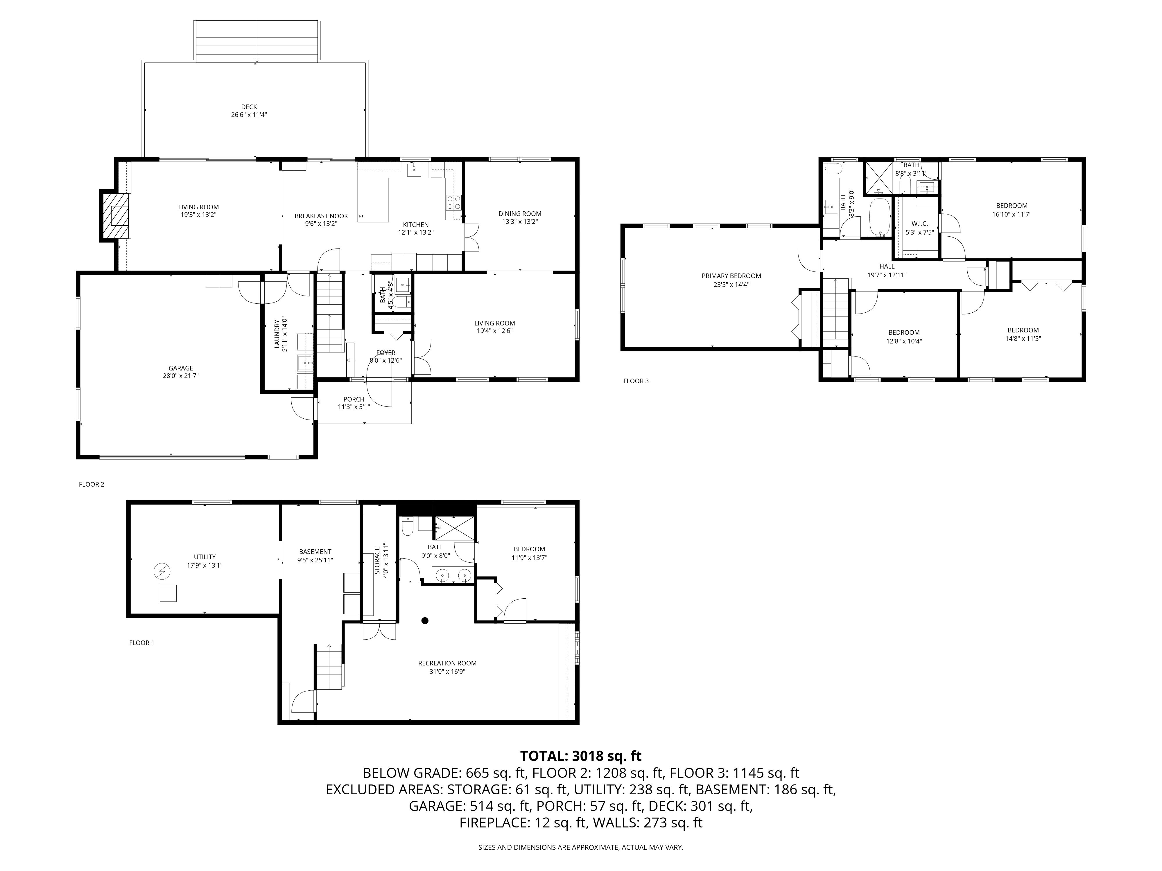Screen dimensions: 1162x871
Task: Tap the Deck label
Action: pos(249,107)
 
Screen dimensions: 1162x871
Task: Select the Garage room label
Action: pos(181,368)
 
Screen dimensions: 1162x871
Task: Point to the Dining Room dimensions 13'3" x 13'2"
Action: pos(520,222)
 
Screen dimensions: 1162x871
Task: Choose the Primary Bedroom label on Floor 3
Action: pos(731,276)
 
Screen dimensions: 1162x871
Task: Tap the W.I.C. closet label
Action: pos(920,224)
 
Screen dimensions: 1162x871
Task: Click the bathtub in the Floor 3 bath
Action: pos(880,216)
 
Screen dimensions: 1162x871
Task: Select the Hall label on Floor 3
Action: pos(887,266)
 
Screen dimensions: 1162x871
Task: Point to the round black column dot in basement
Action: pos(425,620)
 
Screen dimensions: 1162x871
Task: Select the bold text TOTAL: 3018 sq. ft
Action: pos(580,756)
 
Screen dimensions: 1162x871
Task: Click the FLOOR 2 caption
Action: pos(92,484)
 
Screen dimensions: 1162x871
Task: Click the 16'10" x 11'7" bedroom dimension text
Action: pos(1012,214)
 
